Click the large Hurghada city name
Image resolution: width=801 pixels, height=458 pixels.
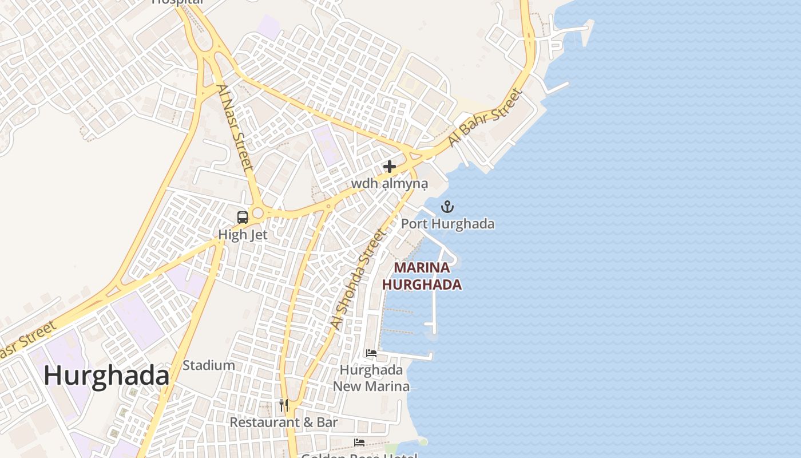pyautogui.click(x=106, y=376)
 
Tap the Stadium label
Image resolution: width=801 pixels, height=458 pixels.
pyautogui.click(x=209, y=365)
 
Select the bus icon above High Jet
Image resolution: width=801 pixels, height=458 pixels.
pyautogui.click(x=243, y=217)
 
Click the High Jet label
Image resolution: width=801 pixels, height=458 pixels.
pyautogui.click(x=243, y=235)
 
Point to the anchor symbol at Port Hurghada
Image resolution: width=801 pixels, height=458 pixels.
pyautogui.click(x=447, y=207)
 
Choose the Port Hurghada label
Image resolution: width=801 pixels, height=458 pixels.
pyautogui.click(x=447, y=223)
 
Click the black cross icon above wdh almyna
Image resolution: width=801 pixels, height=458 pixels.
pyautogui.click(x=390, y=167)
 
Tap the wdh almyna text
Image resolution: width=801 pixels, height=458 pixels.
pyautogui.click(x=390, y=184)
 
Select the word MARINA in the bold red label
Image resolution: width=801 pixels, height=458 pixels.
pyautogui.click(x=422, y=267)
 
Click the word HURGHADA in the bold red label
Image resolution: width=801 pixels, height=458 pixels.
pyautogui.click(x=422, y=285)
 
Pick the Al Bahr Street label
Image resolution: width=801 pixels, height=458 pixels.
pyautogui.click(x=485, y=117)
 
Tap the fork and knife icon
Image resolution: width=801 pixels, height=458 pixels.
pyautogui.click(x=284, y=405)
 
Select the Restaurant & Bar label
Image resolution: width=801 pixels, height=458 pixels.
pyautogui.click(x=284, y=423)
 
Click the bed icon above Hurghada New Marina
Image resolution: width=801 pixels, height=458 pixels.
pyautogui.click(x=371, y=353)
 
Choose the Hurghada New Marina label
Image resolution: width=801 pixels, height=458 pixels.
pyautogui.click(x=371, y=378)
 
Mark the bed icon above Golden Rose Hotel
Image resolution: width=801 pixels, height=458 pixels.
pyautogui.click(x=359, y=442)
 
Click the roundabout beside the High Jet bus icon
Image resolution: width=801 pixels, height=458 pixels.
pyautogui.click(x=257, y=214)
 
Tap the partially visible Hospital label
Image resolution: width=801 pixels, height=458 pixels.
pyautogui.click(x=177, y=2)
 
